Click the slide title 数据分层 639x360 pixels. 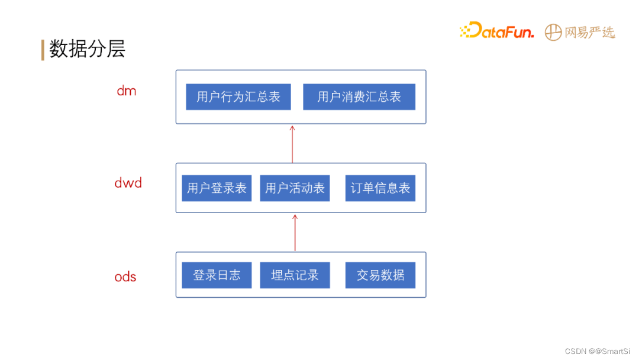87,49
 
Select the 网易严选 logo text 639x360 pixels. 589,33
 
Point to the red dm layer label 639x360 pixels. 126,91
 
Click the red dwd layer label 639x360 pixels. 128,183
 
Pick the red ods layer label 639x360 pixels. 125,277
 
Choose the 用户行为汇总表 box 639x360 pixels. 238,97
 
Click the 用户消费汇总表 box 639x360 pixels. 359,97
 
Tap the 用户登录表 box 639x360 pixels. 217,188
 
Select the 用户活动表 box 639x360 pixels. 295,188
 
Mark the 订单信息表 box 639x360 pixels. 380,188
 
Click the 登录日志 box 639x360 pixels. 217,275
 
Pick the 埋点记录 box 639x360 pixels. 295,275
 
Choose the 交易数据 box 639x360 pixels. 380,275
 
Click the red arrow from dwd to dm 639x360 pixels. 292,143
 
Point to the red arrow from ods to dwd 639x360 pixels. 295,232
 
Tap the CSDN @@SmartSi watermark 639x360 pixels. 598,351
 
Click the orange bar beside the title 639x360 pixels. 43,50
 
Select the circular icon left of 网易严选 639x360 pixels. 553,33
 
